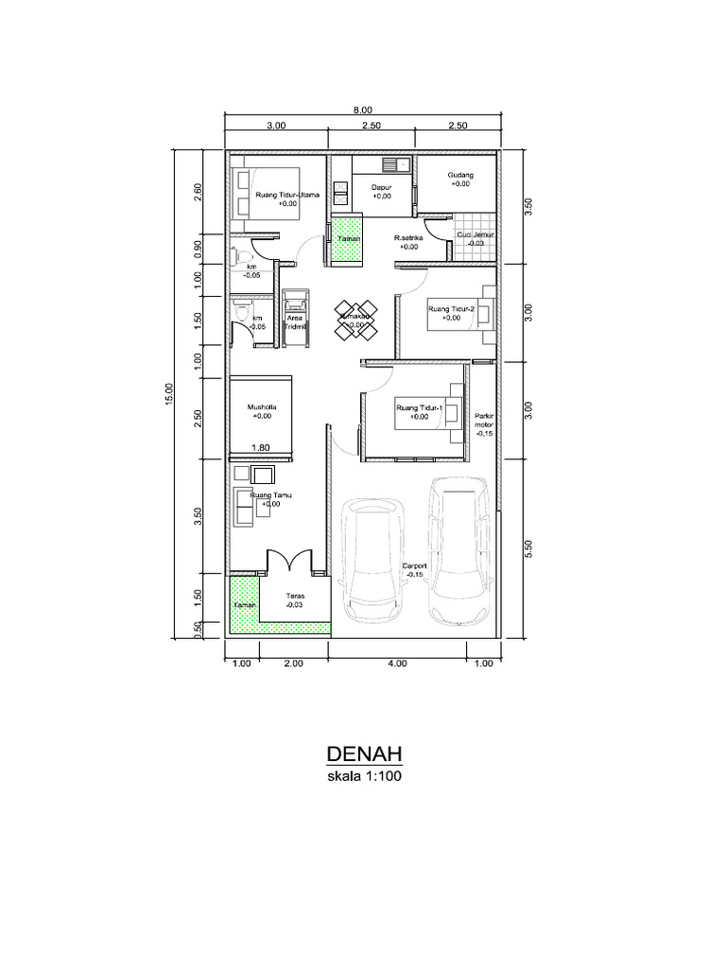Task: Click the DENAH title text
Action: pos(365,753)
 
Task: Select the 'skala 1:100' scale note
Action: pos(365,778)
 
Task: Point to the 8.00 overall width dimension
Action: pos(364,110)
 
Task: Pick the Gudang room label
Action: pos(460,180)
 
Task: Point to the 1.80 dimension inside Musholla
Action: pos(262,448)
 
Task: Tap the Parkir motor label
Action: pos(484,423)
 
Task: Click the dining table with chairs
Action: pos(356,318)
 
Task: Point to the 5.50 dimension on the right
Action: pos(529,549)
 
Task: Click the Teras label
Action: pos(294,601)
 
